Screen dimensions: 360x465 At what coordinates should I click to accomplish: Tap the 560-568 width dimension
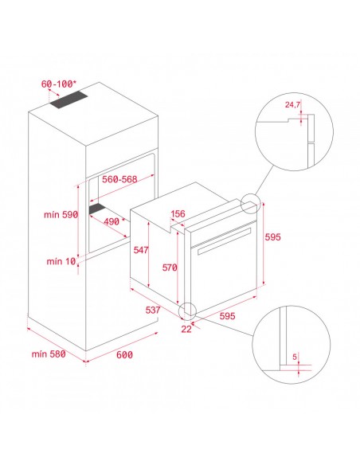[119, 179]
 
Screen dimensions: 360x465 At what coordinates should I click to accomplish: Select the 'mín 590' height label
[61, 214]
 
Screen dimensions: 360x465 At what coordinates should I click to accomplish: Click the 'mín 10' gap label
[61, 261]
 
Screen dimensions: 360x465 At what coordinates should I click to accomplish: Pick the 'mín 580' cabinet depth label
[49, 354]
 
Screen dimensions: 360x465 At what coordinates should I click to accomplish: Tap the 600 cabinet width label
[124, 354]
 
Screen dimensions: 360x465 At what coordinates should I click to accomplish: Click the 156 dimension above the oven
[178, 214]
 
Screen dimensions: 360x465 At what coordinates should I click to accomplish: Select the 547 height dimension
[140, 250]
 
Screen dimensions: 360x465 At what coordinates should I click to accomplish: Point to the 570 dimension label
[170, 268]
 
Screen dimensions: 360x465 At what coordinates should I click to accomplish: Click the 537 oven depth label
[153, 311]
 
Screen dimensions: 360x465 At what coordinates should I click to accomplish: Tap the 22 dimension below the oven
[186, 329]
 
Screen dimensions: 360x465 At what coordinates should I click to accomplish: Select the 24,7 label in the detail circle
[292, 104]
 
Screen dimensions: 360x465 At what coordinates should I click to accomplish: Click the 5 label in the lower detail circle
[295, 357]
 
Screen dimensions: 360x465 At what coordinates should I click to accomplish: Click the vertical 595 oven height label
[272, 237]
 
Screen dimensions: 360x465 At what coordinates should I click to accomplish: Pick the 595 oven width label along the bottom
[227, 316]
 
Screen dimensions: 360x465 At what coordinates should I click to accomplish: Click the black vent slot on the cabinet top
[68, 100]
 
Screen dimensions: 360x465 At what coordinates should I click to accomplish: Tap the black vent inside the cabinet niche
[97, 208]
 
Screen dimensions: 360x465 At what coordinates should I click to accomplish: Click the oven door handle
[224, 241]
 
